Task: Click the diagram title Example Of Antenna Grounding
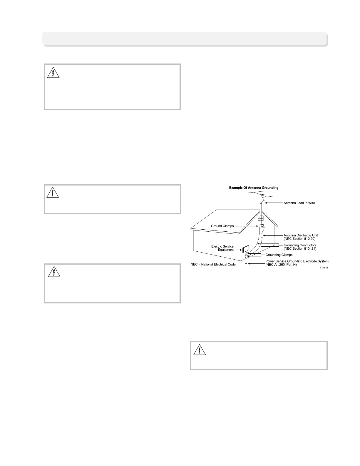click(x=254, y=188)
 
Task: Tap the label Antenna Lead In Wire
click(x=299, y=203)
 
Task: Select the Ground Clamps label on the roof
click(x=222, y=226)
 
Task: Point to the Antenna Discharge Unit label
click(x=301, y=235)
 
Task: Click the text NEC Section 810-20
click(x=299, y=239)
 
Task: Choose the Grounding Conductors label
click(x=300, y=245)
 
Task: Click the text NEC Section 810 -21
click(x=300, y=249)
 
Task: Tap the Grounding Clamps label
click(x=279, y=255)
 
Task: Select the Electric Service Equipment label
click(x=222, y=248)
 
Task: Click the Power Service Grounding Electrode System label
click(x=297, y=261)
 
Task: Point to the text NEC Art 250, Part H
click(x=281, y=265)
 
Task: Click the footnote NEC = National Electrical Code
click(x=213, y=264)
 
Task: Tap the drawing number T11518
click(x=324, y=268)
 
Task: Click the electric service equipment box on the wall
click(x=246, y=248)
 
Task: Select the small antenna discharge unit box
click(x=262, y=236)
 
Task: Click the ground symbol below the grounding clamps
click(x=246, y=263)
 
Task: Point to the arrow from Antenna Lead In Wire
click(x=274, y=203)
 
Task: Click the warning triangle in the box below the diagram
click(x=200, y=350)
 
